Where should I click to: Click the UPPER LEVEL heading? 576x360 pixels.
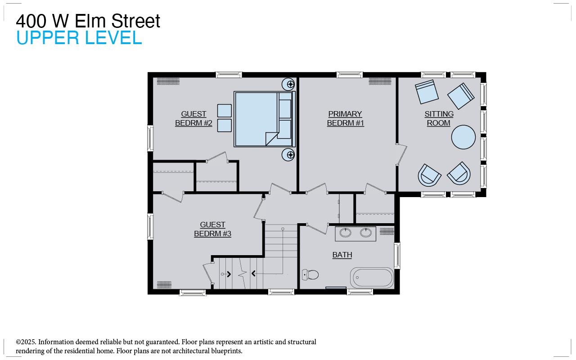[79, 38]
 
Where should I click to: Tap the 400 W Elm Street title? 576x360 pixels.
[88, 21]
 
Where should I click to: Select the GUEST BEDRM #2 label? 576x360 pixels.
[193, 118]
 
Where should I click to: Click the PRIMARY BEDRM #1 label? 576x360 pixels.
[345, 118]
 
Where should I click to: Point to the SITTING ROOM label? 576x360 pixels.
[439, 118]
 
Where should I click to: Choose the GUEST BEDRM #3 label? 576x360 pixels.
[212, 229]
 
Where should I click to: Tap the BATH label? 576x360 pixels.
[342, 255]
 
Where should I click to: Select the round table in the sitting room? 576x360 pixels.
[463, 137]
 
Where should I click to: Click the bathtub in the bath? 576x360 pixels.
[372, 278]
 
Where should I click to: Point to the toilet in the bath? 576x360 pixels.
[310, 274]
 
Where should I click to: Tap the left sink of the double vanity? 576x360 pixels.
[346, 233]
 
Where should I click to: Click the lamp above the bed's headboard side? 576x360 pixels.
[288, 84]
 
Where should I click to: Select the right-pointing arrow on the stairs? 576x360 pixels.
[229, 273]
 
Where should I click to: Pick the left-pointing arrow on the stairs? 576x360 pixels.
[253, 273]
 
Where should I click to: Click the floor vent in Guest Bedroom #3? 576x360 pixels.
[164, 284]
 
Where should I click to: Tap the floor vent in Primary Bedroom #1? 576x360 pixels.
[380, 81]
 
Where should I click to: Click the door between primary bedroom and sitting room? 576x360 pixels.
[401, 155]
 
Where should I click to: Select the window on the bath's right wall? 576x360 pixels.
[397, 256]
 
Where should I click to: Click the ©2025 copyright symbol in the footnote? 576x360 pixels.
[18, 342]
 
